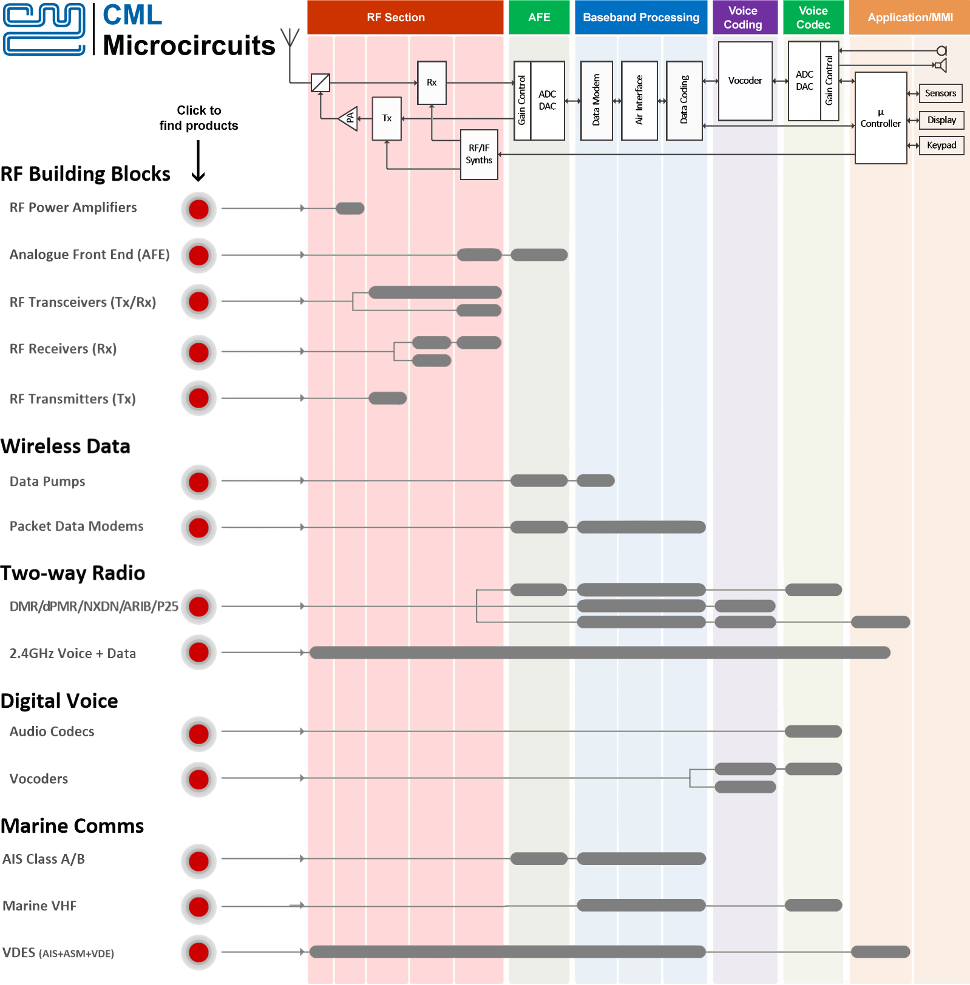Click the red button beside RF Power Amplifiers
pos(198,209)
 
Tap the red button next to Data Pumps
pos(198,482)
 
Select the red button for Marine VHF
pos(198,907)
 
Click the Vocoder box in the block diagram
pos(745,81)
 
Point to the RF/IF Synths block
pos(479,154)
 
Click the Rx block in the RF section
pos(432,82)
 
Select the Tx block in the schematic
pos(387,118)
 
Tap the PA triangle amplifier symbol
pos(349,118)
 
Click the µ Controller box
pos(880,118)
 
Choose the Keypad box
pos(941,146)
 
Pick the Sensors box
pos(940,93)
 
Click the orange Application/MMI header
pos(909,18)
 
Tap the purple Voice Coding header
pos(744,18)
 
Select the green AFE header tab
pos(538,18)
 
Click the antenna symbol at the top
pos(290,38)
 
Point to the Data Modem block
pos(596,100)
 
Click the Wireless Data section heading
pos(66,446)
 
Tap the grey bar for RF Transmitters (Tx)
pos(387,398)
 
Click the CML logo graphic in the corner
pos(44,29)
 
